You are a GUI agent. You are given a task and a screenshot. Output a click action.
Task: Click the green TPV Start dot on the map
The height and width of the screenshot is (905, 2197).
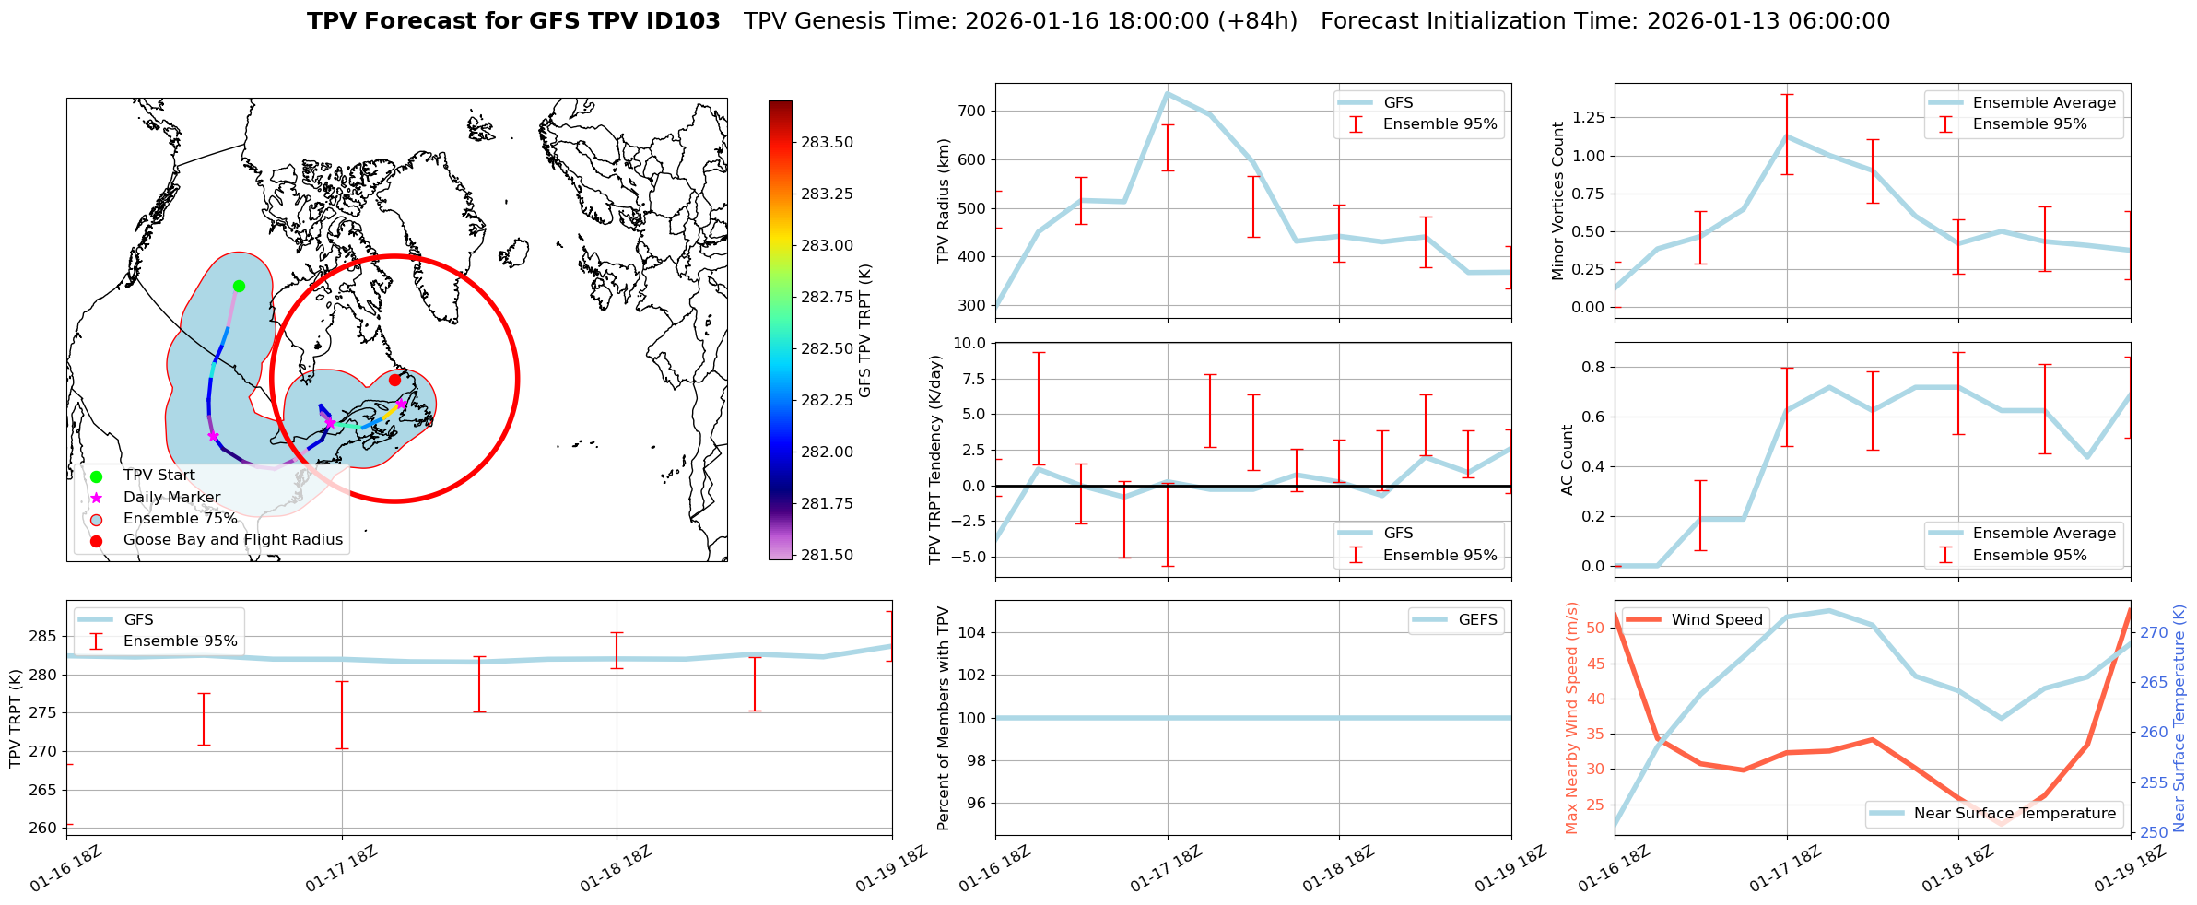point(239,286)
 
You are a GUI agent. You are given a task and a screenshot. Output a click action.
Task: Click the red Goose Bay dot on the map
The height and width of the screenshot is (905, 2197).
point(394,380)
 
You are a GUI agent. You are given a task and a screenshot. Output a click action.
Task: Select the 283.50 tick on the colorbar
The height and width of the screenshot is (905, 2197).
point(827,142)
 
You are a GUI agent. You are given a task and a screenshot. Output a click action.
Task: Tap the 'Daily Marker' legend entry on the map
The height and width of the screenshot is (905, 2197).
point(171,497)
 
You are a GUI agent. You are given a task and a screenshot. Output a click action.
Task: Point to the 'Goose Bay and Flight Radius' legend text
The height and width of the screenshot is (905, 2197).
point(232,539)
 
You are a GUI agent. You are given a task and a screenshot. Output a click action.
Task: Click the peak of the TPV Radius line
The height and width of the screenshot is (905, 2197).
point(1167,93)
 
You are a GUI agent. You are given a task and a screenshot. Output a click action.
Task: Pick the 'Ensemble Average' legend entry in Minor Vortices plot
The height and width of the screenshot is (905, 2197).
point(2044,102)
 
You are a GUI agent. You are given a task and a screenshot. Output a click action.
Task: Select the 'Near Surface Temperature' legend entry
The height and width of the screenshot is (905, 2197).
point(2015,813)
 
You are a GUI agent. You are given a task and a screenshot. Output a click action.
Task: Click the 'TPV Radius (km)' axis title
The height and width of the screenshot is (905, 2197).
point(943,201)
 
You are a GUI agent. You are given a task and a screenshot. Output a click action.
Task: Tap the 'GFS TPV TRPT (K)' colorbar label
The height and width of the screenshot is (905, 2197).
point(864,331)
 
